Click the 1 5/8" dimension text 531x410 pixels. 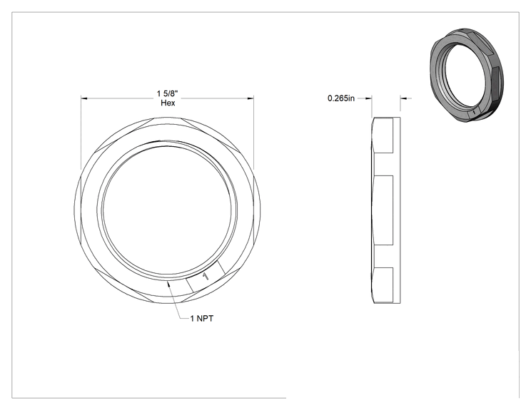167,93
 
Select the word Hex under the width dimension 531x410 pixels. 168,103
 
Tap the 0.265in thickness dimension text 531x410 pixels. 341,98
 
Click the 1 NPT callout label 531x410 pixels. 202,318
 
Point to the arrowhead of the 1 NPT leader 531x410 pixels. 168,284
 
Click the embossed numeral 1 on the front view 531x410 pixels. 206,277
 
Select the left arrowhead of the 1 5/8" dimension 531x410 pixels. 84,98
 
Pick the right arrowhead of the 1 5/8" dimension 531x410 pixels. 251,98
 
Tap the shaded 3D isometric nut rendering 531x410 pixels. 466,76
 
